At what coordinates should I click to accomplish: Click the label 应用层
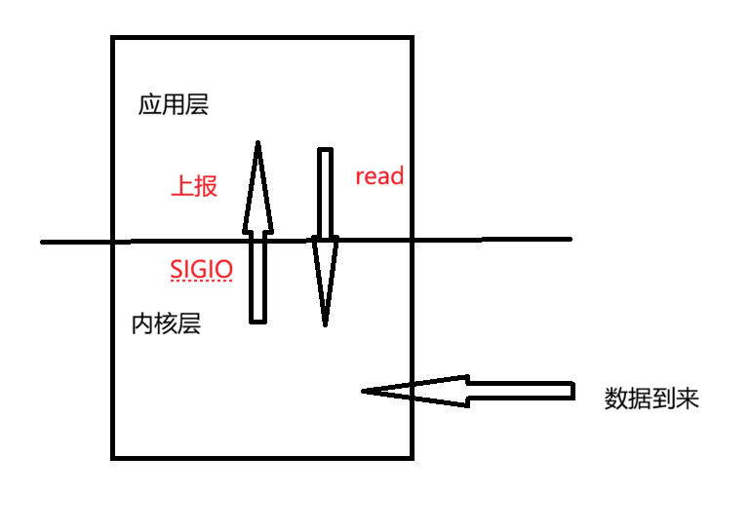click(173, 105)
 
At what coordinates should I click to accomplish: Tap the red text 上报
click(193, 187)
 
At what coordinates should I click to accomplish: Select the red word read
click(379, 176)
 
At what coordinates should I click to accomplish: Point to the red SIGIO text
click(201, 268)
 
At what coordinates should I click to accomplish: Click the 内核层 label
click(166, 324)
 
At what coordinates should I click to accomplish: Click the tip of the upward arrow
click(258, 143)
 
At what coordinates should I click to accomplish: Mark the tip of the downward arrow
click(325, 324)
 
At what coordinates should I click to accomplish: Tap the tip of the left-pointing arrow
click(364, 392)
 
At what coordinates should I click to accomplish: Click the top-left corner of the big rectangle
click(113, 38)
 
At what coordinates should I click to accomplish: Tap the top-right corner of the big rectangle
click(412, 38)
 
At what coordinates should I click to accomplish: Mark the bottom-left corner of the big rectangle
click(113, 457)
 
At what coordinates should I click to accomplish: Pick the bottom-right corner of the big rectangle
click(412, 457)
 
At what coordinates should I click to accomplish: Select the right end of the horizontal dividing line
click(570, 239)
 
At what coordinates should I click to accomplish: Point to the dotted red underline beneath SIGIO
click(201, 282)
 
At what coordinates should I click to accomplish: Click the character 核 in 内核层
click(166, 324)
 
